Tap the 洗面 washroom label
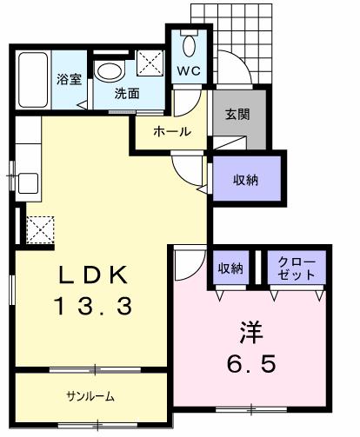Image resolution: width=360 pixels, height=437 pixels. (126, 94)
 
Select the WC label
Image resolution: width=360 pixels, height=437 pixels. (190, 70)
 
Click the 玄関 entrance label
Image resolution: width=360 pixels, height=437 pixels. (237, 114)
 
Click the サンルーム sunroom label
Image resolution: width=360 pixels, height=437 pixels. (90, 396)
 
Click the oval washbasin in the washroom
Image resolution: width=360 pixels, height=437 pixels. (110, 72)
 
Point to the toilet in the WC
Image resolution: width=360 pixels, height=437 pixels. (190, 43)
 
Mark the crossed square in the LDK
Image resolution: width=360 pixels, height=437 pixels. (39, 229)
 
